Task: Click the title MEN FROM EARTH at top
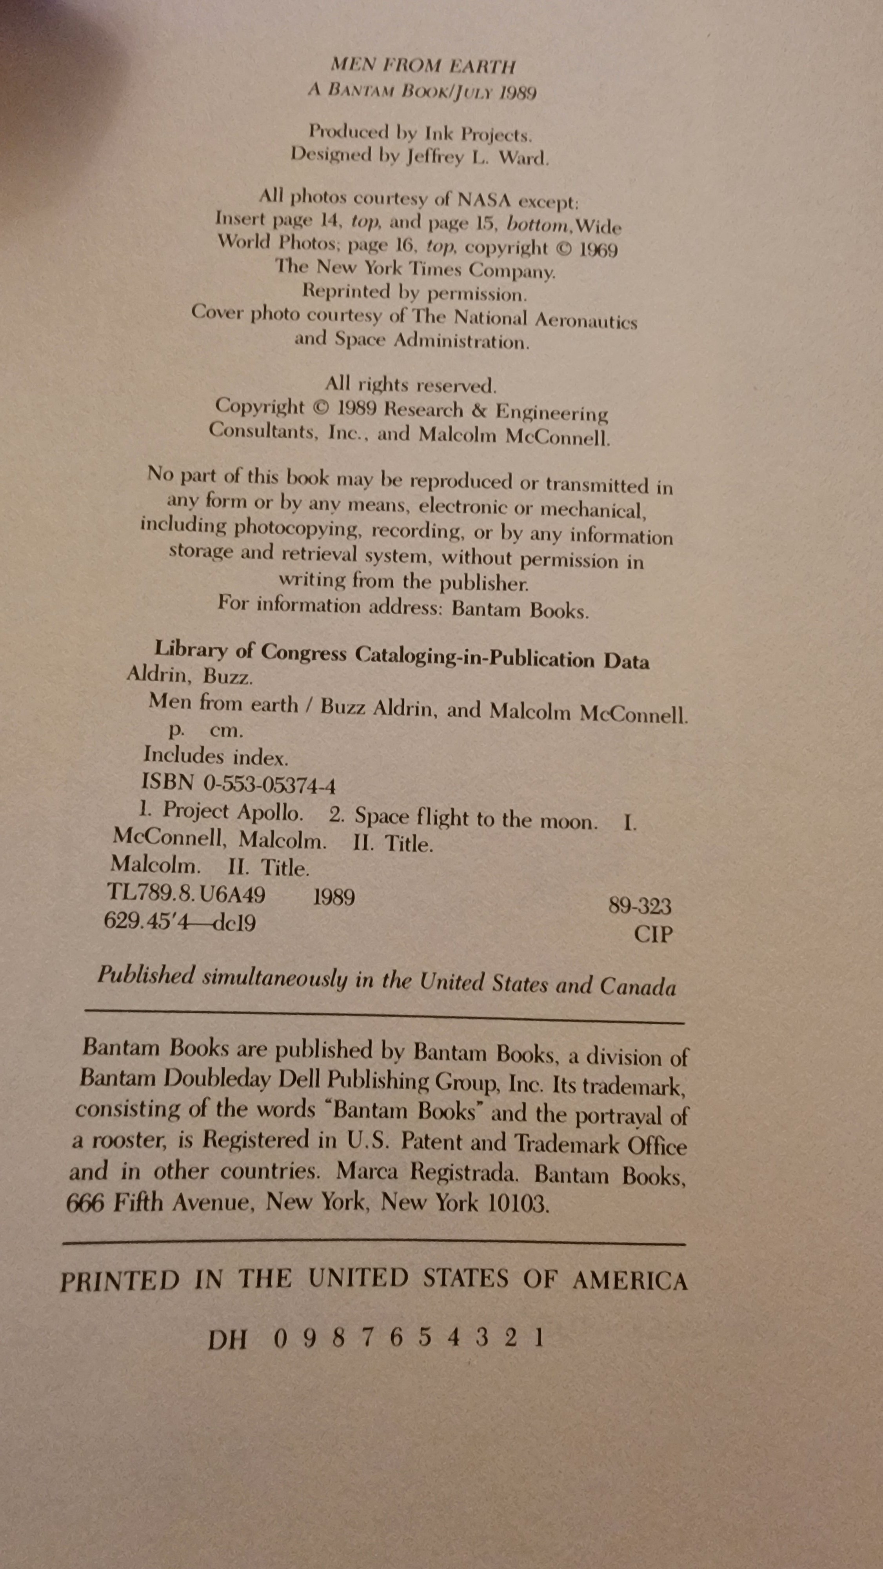tap(423, 65)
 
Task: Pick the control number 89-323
tap(640, 906)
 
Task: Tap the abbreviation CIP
tap(653, 934)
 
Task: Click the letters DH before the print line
tap(227, 1340)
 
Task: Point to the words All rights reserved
tap(411, 384)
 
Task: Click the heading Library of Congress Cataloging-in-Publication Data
tap(402, 654)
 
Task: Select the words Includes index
tap(216, 757)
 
